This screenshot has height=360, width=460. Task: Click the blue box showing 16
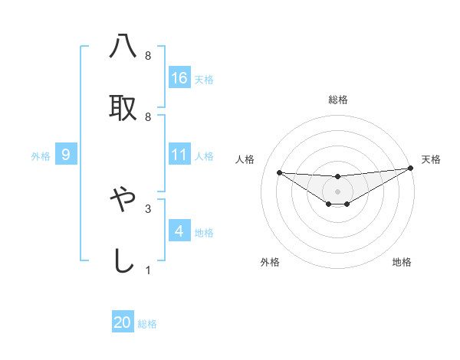(x=179, y=77)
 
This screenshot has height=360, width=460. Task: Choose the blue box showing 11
(x=179, y=155)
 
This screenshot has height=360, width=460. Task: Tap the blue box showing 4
(x=179, y=231)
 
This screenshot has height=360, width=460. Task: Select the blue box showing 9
(x=66, y=155)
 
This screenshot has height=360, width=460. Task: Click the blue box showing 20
(x=123, y=322)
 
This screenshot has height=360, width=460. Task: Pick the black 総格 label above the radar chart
(x=338, y=100)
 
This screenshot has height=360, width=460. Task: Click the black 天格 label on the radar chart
(x=431, y=159)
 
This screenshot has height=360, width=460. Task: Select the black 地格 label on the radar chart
(x=402, y=262)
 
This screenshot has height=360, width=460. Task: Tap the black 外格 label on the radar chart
(x=270, y=262)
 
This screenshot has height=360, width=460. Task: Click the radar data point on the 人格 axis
(x=279, y=172)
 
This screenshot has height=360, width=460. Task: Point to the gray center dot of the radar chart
(x=338, y=191)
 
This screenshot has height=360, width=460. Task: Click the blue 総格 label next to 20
(x=147, y=324)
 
